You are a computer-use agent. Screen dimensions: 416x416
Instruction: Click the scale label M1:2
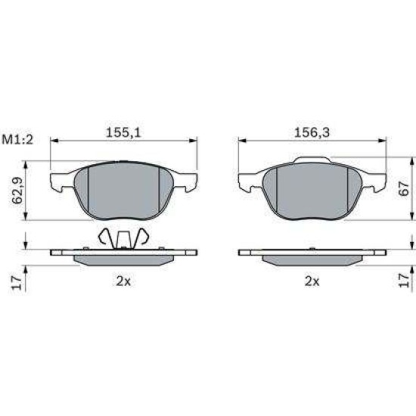[17, 140]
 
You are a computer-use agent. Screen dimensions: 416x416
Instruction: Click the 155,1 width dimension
[123, 132]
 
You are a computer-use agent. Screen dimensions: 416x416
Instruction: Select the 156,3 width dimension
[312, 132]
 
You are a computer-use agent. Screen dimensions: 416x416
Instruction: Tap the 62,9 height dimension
[17, 190]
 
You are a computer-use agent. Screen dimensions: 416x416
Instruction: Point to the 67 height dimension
[405, 188]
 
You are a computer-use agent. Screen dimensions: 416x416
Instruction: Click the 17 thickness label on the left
[17, 283]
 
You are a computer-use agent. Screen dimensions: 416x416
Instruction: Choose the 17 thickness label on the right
[405, 281]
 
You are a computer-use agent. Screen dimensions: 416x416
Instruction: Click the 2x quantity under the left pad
[123, 281]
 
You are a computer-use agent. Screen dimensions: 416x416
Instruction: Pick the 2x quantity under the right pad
[312, 281]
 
